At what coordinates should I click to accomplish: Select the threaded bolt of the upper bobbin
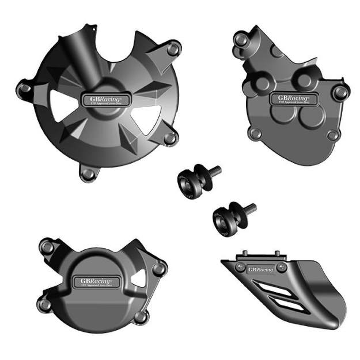[213, 171]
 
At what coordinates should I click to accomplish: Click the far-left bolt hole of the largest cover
[25, 88]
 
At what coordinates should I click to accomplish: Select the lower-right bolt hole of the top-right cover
[332, 135]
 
